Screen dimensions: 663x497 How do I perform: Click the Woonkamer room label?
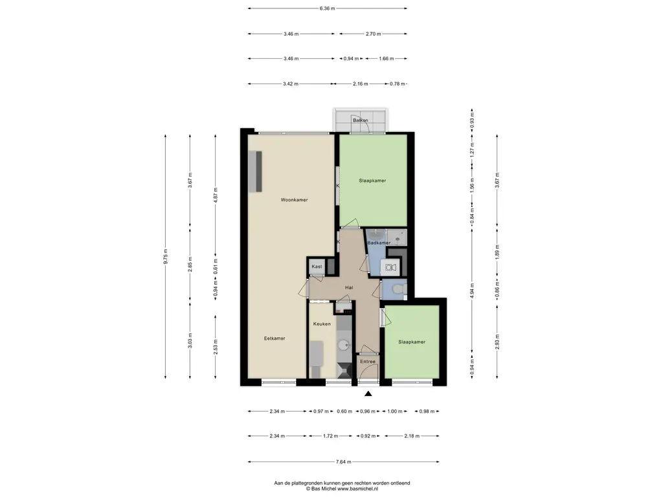295,200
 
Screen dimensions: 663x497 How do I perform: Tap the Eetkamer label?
275,338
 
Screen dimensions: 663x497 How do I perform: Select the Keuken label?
322,324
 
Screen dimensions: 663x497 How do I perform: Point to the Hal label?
349,288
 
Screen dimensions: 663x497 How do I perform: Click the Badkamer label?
379,243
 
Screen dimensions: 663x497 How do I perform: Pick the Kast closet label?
317,267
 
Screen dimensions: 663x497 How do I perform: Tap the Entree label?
368,362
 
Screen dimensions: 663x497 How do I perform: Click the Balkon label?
361,120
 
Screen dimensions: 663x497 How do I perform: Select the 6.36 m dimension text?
327,8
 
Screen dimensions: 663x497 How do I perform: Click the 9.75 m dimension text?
166,256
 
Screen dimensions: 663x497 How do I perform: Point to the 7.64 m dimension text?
343,462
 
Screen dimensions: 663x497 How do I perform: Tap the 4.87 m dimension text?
216,195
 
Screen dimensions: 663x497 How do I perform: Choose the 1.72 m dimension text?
330,436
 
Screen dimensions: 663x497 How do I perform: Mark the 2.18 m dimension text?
411,436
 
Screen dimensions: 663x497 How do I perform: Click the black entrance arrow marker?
368,394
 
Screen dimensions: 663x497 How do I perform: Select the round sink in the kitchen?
344,346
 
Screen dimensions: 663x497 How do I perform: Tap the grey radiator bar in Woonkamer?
258,171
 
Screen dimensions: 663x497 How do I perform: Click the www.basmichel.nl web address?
357,489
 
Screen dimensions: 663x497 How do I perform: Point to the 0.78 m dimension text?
398,84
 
